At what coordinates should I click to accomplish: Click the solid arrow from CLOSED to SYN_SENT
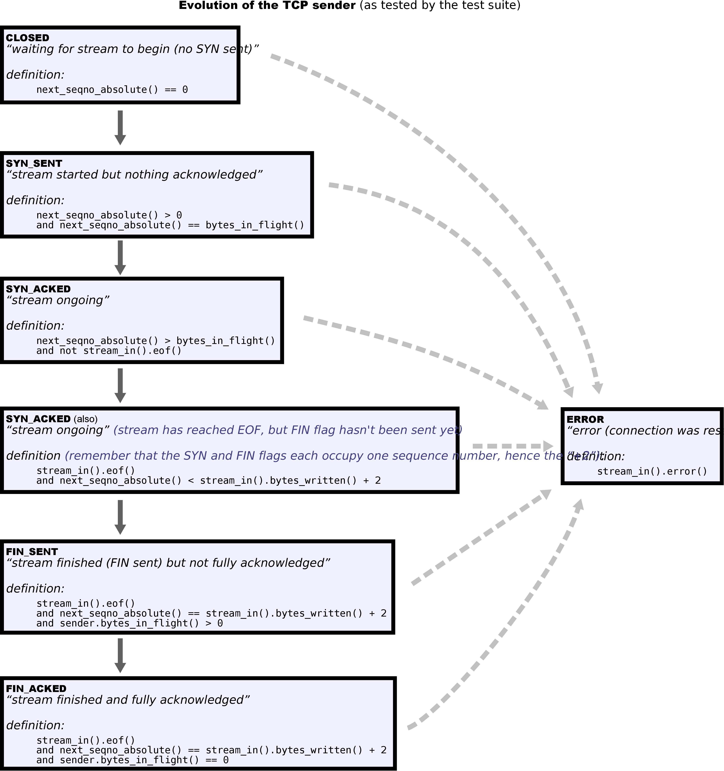[x=120, y=127]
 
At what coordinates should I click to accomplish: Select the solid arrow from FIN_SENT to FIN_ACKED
[x=120, y=655]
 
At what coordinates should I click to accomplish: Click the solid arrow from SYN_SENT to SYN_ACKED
[x=120, y=257]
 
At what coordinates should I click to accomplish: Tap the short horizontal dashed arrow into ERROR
[x=512, y=446]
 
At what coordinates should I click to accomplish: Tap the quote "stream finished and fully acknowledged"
[x=128, y=700]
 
